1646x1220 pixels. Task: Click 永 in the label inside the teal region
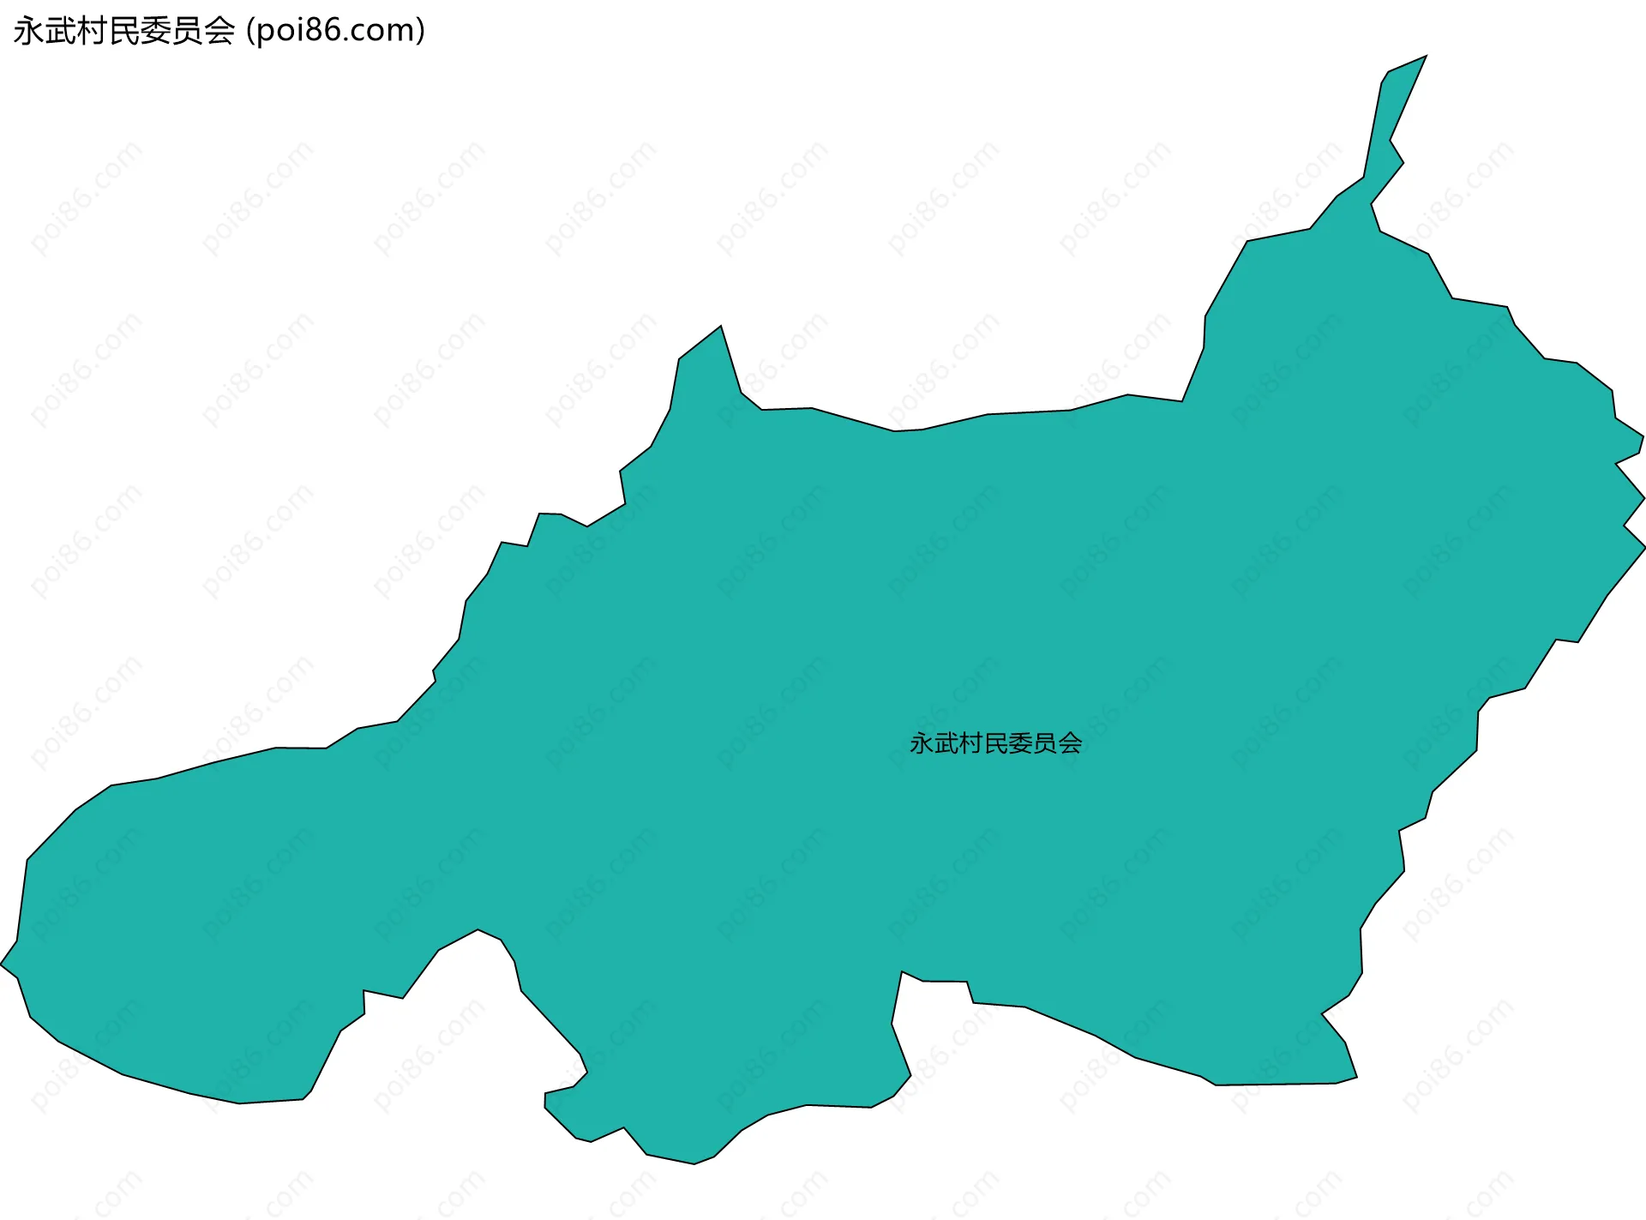(x=922, y=743)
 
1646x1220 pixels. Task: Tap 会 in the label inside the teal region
(x=1070, y=743)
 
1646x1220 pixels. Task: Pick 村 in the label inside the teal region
(x=970, y=743)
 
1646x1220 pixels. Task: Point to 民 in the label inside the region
(x=995, y=743)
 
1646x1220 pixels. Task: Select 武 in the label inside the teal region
(x=946, y=743)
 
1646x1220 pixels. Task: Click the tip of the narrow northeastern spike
(x=1425, y=57)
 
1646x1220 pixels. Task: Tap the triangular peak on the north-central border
(x=720, y=328)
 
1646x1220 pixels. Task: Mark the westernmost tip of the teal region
(x=3, y=965)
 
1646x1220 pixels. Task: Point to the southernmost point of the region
(x=694, y=1163)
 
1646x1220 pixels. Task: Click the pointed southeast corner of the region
(x=1355, y=1078)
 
